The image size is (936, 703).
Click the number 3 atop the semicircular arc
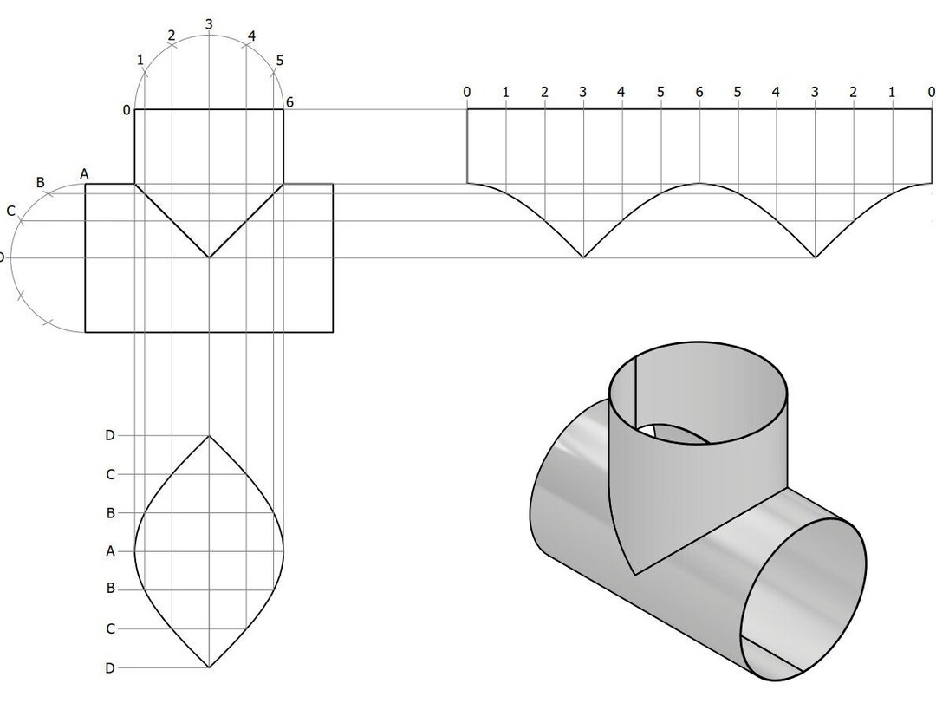click(209, 24)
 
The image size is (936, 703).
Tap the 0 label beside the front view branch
click(127, 110)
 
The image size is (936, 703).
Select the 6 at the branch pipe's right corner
click(289, 102)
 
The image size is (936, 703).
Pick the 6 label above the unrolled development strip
click(699, 92)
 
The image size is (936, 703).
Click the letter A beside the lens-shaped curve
click(110, 550)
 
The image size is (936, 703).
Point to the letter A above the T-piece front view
click(84, 174)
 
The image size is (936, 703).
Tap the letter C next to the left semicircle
click(10, 211)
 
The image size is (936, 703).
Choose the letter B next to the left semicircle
click(40, 183)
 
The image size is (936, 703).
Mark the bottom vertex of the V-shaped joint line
click(209, 257)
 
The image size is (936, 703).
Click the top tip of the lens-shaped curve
click(209, 436)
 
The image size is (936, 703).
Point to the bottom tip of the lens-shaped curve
click(209, 667)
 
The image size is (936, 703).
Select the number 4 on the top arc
click(251, 36)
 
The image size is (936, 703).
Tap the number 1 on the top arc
click(140, 60)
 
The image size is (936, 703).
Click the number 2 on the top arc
click(171, 36)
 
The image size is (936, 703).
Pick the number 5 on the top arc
click(279, 61)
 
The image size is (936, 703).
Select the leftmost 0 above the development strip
click(467, 92)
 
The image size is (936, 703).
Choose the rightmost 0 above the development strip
click(931, 92)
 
